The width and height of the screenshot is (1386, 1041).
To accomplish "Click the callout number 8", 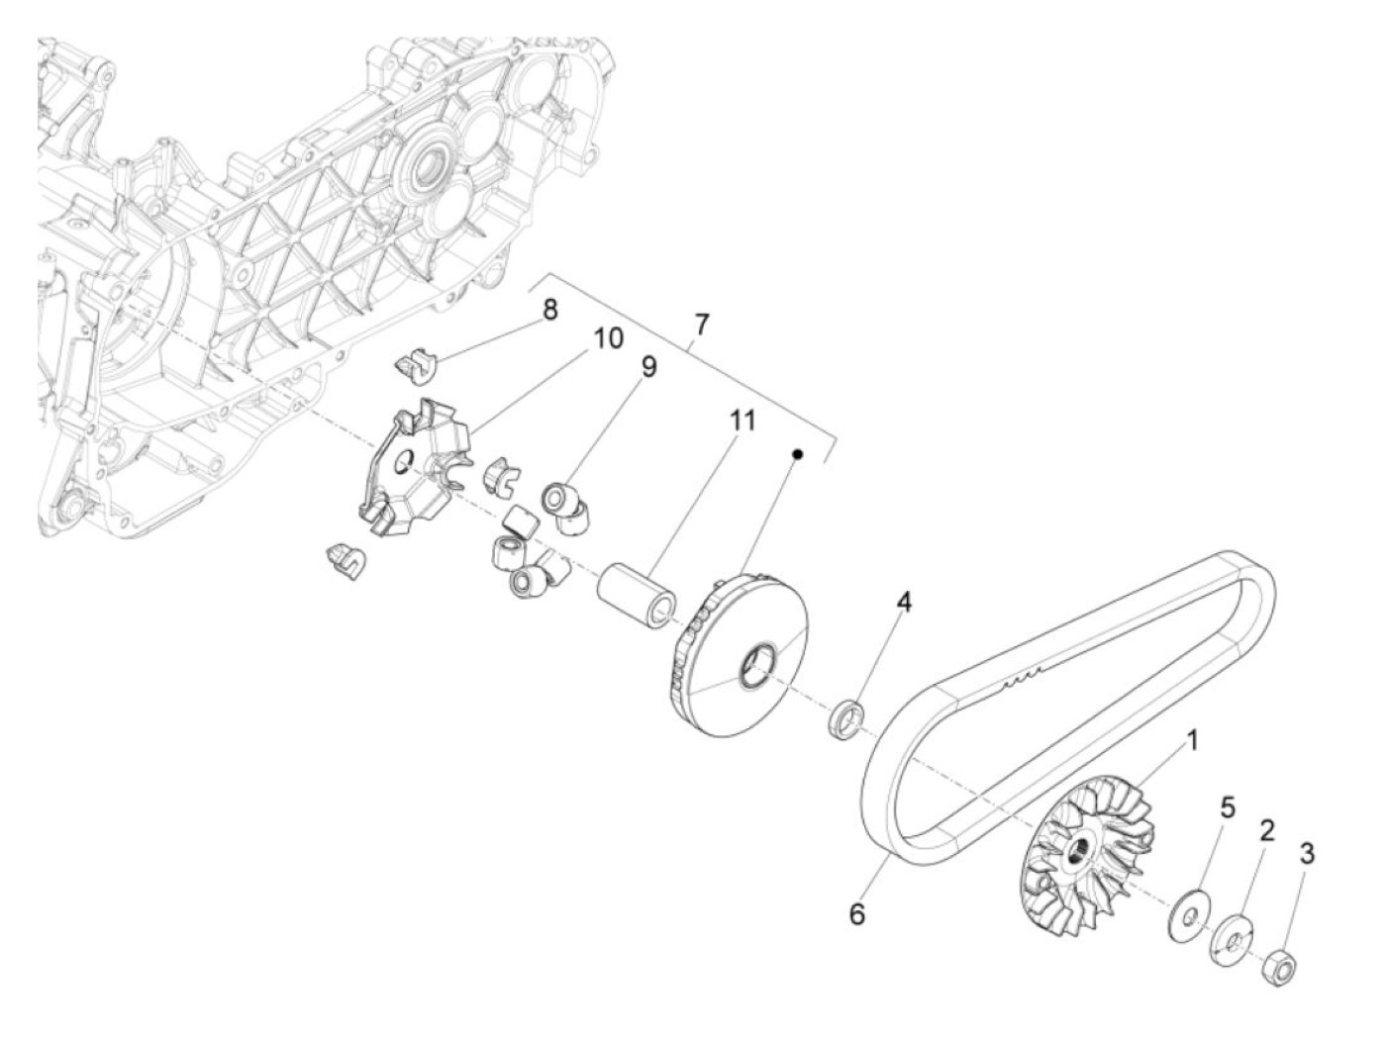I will click(x=548, y=309).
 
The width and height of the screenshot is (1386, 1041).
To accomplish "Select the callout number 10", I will click(x=608, y=338).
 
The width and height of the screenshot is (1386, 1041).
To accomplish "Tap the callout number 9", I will click(x=647, y=367).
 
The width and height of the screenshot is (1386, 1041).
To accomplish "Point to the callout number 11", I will click(x=742, y=421).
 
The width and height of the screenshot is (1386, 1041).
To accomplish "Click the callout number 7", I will click(x=701, y=323).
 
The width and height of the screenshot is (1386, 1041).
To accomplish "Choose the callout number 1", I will click(x=1193, y=739).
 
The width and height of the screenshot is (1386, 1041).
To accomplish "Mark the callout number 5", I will click(x=1227, y=808).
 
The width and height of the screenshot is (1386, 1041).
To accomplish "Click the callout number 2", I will click(x=1266, y=829).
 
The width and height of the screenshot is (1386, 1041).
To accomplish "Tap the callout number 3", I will click(x=1307, y=853).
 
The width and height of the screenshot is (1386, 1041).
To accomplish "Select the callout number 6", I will click(x=856, y=914).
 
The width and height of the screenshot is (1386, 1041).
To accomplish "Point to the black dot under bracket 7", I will click(x=797, y=453).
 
